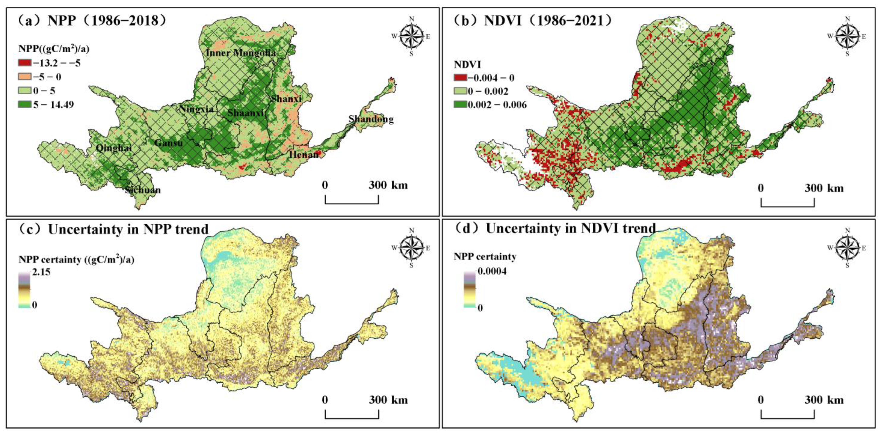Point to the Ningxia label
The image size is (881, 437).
coord(196,109)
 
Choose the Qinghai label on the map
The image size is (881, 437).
coord(114,148)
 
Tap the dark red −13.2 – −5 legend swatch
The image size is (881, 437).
coord(25,63)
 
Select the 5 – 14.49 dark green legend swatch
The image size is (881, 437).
coord(25,104)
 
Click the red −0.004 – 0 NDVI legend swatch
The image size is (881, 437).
coord(460,78)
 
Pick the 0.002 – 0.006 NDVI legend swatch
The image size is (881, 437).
coord(460,105)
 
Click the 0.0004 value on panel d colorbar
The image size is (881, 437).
coord(492,271)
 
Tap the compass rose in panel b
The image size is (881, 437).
coord(847,36)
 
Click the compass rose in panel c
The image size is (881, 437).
coord(411,248)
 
